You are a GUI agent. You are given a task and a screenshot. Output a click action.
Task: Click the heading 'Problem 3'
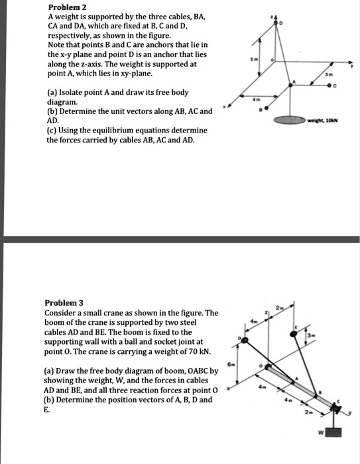point(64,302)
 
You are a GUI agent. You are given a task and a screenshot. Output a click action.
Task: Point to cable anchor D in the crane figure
point(245,341)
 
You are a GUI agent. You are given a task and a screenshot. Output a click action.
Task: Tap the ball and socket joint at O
point(270,367)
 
